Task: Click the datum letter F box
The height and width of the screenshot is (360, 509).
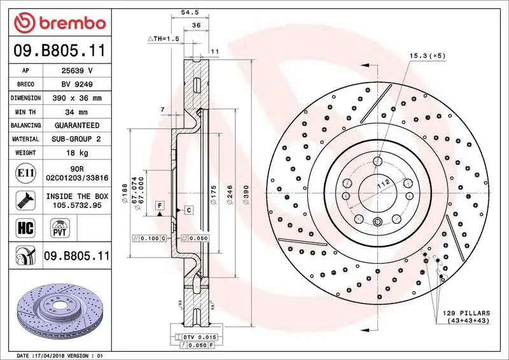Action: point(158,205)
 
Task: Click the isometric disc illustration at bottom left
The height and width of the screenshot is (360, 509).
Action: point(56,311)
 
